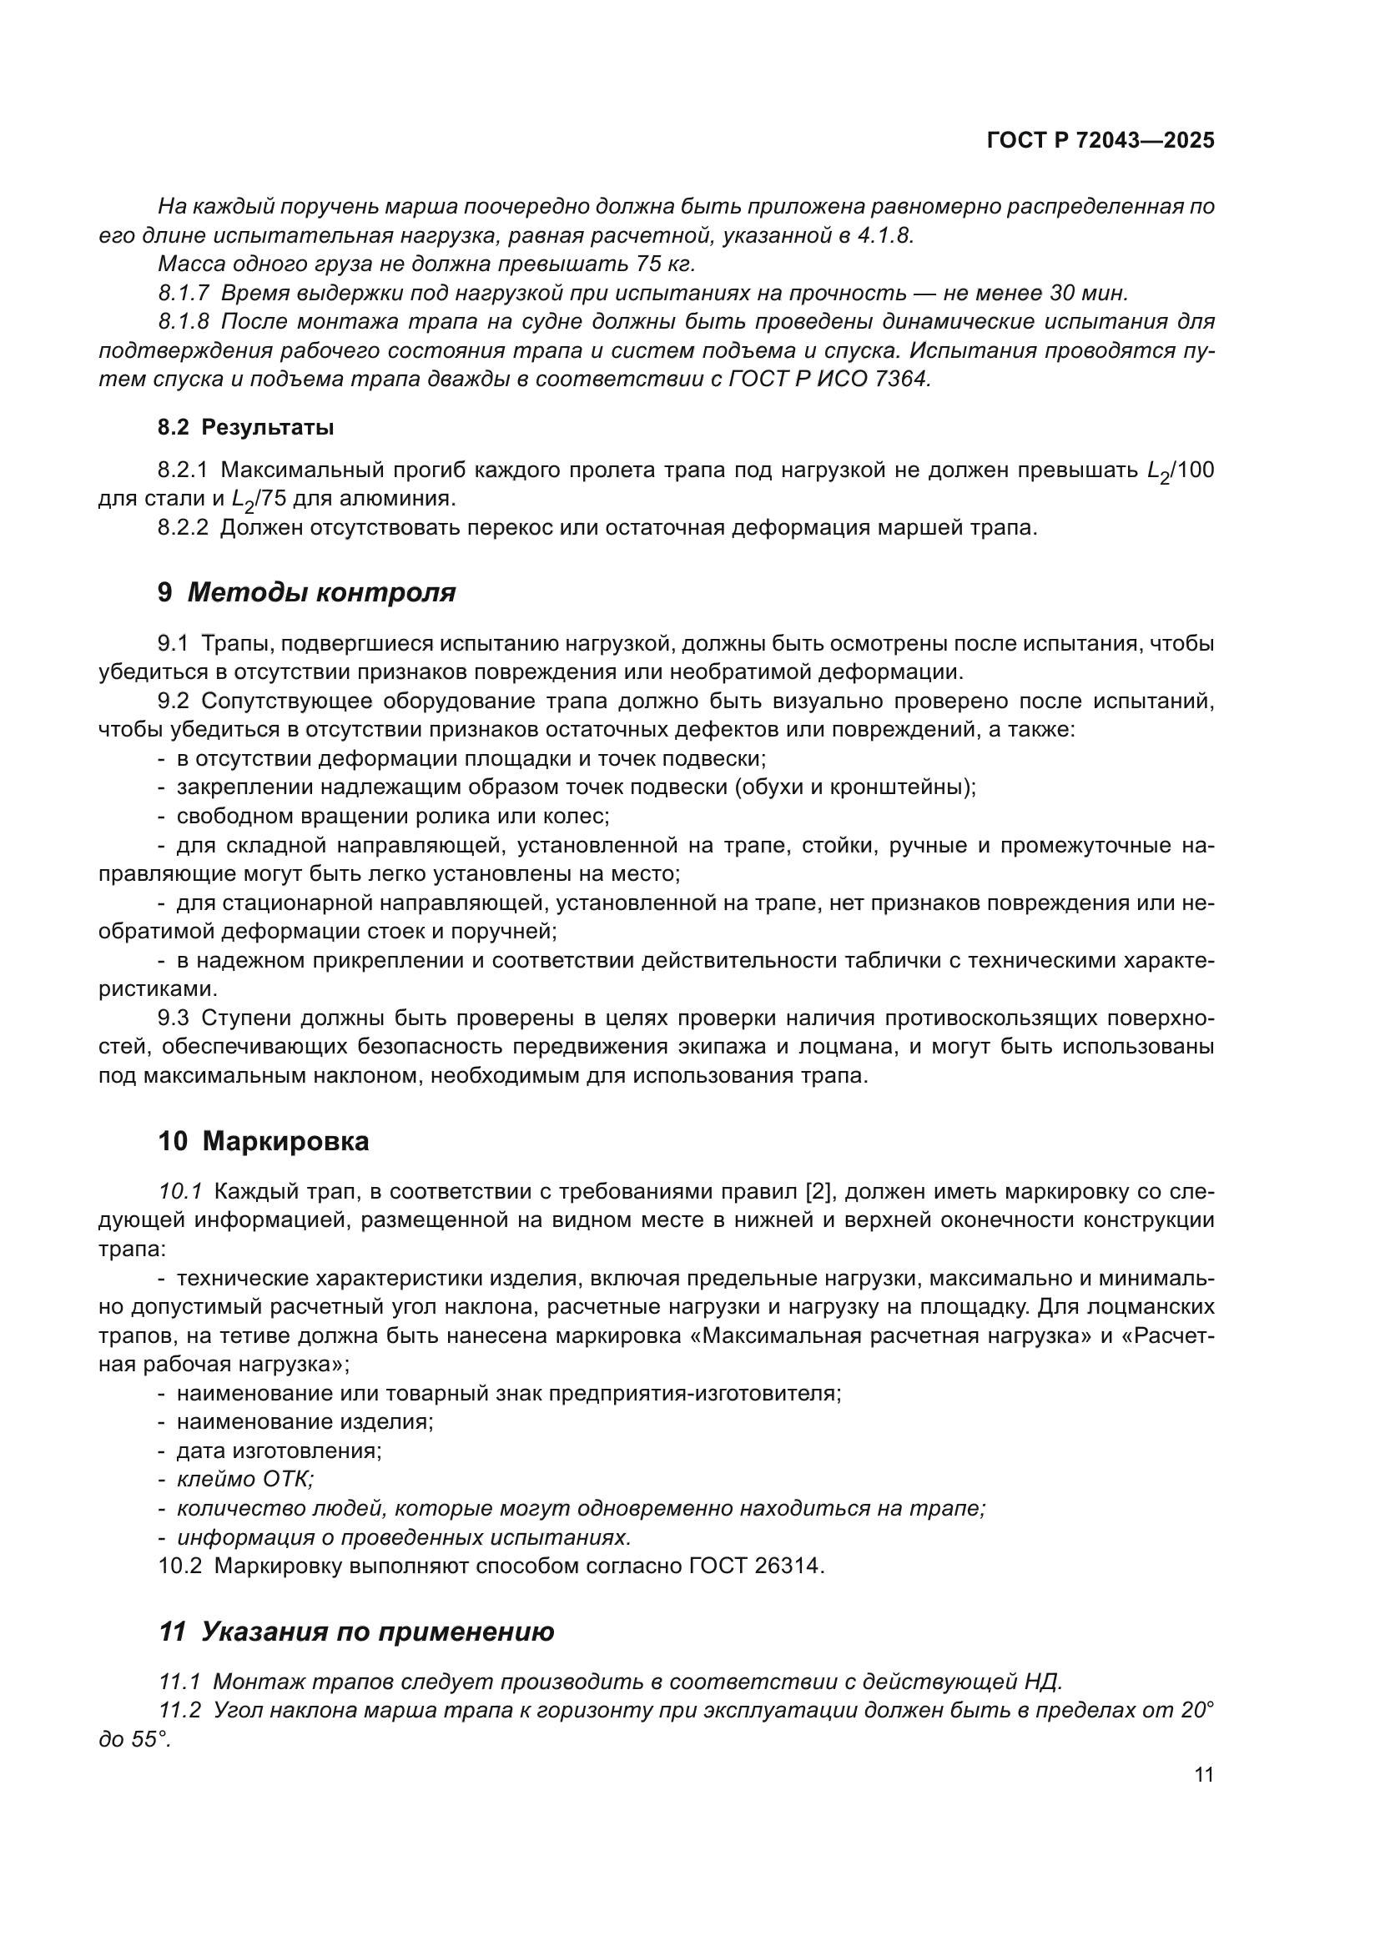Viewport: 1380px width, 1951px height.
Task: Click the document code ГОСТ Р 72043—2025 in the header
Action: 1100,141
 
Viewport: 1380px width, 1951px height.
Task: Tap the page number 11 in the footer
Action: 1203,1775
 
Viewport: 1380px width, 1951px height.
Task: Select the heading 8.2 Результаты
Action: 245,427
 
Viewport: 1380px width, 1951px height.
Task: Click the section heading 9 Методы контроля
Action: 307,592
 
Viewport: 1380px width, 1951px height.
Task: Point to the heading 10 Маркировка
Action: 264,1141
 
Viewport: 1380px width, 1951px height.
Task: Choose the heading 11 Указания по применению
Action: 356,1632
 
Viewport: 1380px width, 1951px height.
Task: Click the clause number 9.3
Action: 174,1018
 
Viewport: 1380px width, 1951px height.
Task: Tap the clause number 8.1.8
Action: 184,322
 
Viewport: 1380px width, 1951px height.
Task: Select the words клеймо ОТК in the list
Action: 244,1480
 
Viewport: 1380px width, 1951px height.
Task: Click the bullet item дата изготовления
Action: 280,1451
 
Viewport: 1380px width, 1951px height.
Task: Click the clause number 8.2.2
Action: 183,528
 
